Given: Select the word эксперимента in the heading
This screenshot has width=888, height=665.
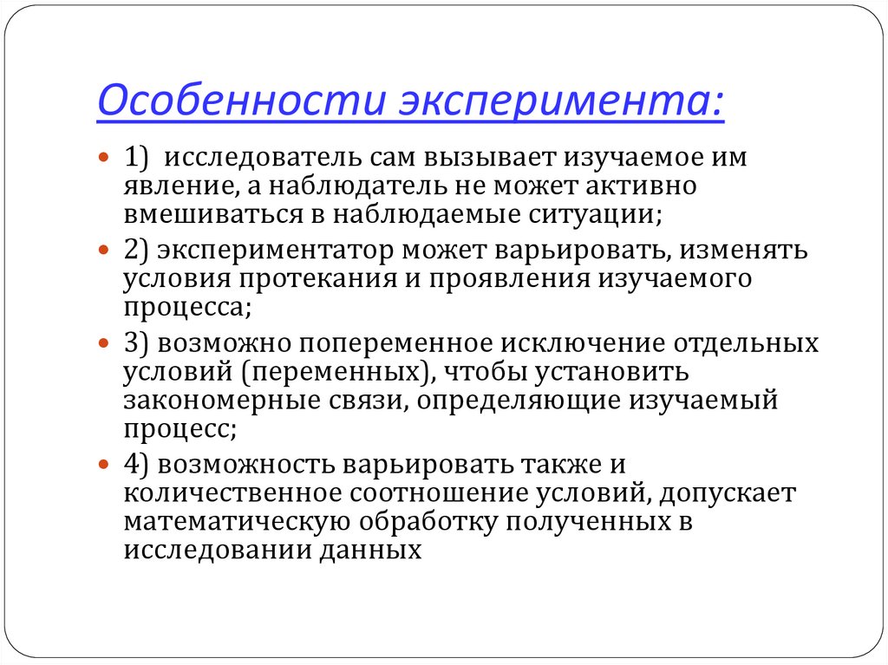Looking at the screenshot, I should tap(558, 103).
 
